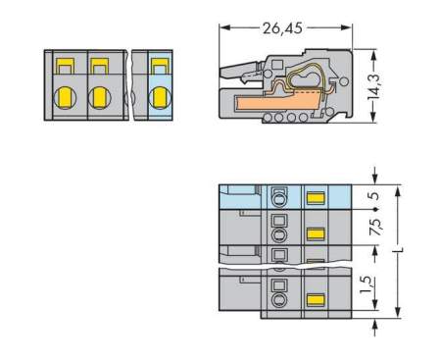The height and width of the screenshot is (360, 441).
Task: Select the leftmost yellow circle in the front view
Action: [x=65, y=97]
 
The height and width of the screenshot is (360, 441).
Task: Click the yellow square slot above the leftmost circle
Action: [x=65, y=67]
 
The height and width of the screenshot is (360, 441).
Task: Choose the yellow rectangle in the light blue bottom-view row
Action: [x=316, y=197]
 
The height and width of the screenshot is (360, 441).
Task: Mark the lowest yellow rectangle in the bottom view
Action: [x=316, y=300]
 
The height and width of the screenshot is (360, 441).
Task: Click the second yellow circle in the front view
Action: [x=99, y=97]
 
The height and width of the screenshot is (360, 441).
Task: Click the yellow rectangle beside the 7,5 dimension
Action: [x=316, y=233]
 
